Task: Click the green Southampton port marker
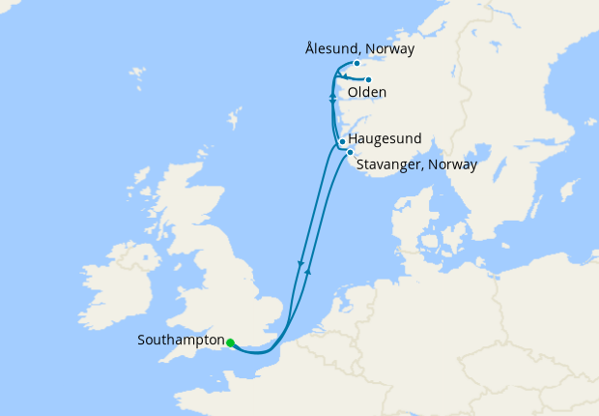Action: pos(230,342)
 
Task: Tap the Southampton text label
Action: pos(181,341)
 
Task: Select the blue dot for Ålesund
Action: pos(357,64)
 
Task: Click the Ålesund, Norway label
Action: pos(358,48)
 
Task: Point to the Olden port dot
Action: pos(368,80)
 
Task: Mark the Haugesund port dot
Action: pos(342,141)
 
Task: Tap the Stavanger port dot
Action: pos(350,153)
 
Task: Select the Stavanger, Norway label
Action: pos(416,165)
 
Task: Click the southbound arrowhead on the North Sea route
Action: pos(301,263)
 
